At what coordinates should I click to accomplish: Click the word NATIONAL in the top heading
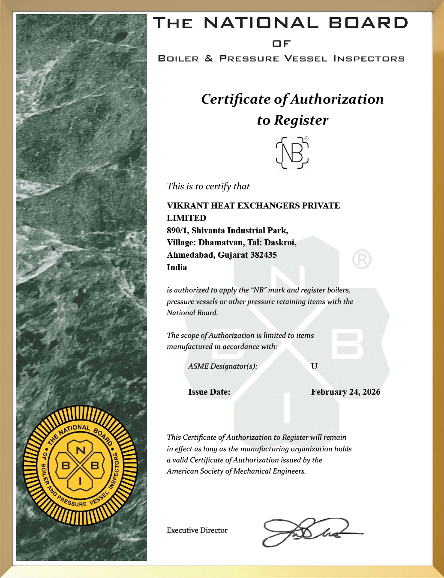261,23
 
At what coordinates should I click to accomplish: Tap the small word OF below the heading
281,44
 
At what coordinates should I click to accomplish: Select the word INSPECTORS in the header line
369,58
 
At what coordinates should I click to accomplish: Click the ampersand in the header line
209,58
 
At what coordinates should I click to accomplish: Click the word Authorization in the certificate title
337,99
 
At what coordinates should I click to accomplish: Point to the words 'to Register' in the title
292,120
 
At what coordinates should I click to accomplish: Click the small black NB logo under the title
292,152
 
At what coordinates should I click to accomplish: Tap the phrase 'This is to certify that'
208,186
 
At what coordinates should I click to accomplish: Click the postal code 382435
263,255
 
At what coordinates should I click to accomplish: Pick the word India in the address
177,268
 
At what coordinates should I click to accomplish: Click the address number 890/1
177,230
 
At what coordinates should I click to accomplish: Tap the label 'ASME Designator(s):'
222,366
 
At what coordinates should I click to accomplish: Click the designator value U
314,366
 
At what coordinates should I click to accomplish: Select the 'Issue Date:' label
209,392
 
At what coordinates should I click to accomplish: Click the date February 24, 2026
345,392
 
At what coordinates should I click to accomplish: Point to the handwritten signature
309,532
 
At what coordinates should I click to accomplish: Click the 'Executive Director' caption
197,530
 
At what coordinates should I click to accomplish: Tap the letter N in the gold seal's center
80,450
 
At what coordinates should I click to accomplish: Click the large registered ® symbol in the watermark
362,259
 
